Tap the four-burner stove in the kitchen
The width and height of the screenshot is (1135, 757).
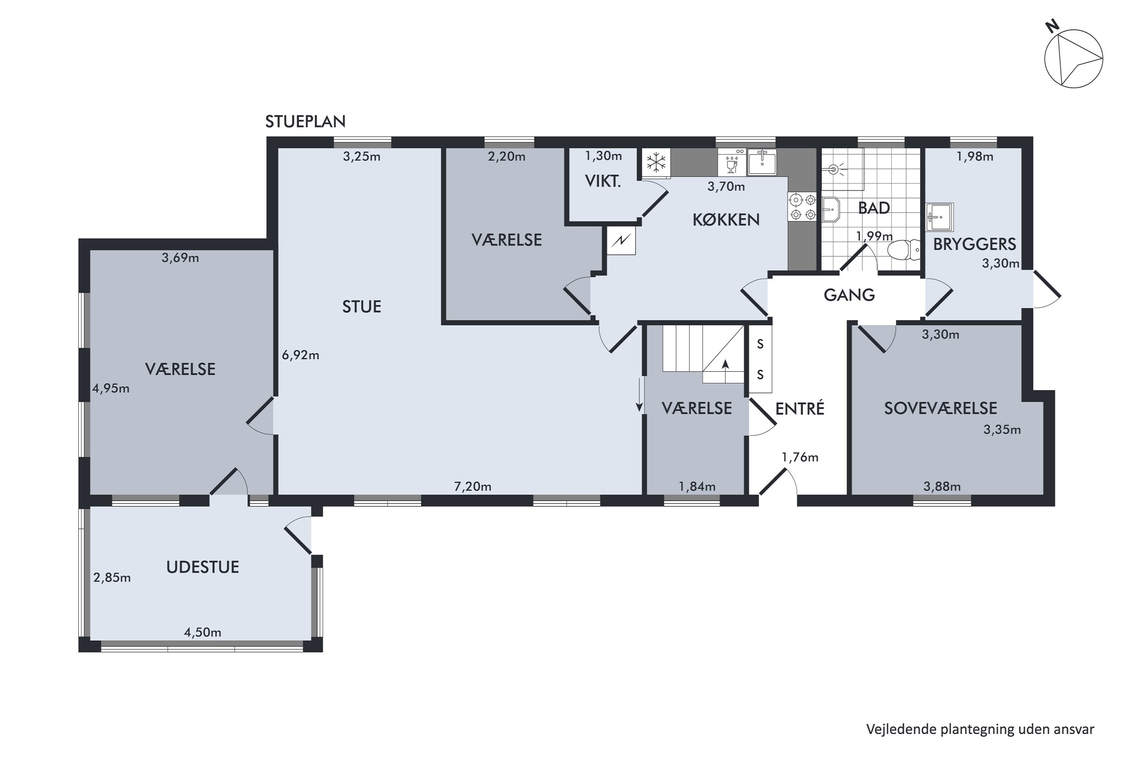(802, 207)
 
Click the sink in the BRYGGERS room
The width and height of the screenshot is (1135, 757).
(939, 217)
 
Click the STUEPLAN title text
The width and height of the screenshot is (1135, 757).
(305, 121)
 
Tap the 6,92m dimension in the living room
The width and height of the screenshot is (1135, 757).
(301, 355)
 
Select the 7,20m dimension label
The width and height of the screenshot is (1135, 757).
(473, 487)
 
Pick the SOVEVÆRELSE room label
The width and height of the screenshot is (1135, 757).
(941, 408)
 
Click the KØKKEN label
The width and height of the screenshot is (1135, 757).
(726, 220)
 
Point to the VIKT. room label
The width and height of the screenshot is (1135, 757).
(603, 182)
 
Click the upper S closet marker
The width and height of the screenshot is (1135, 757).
(760, 344)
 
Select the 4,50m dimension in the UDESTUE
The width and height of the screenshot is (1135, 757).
(203, 632)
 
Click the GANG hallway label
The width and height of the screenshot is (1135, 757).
(849, 295)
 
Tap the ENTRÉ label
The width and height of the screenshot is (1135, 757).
(800, 408)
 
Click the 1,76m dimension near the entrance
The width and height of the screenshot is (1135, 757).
(800, 457)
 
